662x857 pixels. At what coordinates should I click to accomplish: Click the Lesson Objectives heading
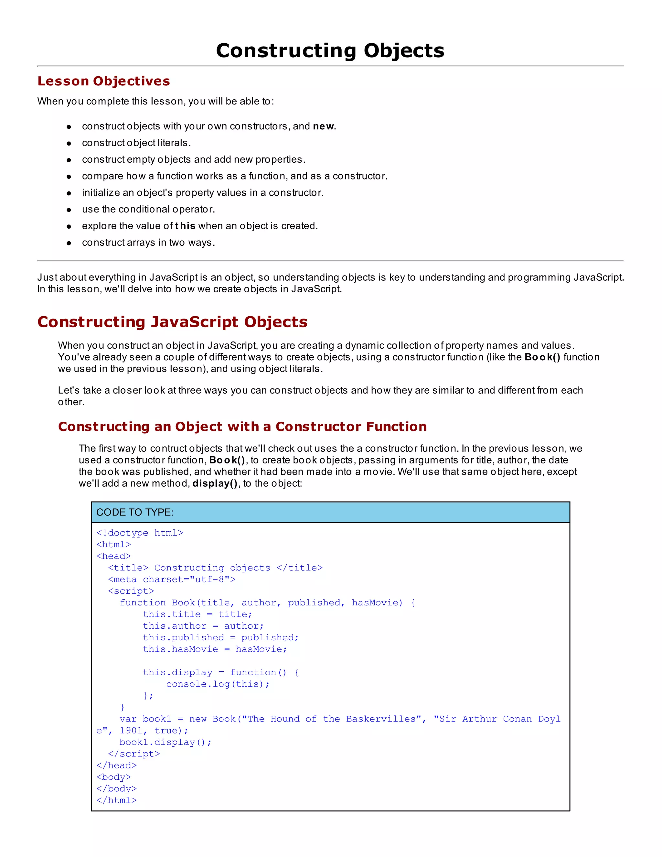[x=103, y=81]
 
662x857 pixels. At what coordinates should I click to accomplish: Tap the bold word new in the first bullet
[x=324, y=126]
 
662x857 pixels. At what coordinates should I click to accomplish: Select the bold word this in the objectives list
[x=185, y=226]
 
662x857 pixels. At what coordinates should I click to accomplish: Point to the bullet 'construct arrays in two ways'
[x=148, y=243]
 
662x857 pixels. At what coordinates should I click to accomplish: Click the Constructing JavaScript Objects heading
[x=172, y=322]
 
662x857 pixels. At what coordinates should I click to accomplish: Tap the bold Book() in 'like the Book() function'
[x=542, y=357]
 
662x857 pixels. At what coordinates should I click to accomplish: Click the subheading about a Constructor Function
[x=242, y=427]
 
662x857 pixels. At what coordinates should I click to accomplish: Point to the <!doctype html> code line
[x=140, y=533]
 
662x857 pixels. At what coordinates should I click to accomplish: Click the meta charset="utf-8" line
[x=172, y=580]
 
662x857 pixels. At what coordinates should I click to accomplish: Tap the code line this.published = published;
[x=220, y=638]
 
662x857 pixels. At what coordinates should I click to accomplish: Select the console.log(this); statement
[x=218, y=684]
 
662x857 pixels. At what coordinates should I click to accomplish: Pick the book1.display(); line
[x=165, y=743]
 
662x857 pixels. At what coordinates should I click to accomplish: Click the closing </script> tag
[x=134, y=754]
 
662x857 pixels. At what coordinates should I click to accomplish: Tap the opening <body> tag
[x=113, y=777]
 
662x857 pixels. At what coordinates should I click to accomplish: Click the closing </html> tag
[x=116, y=800]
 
